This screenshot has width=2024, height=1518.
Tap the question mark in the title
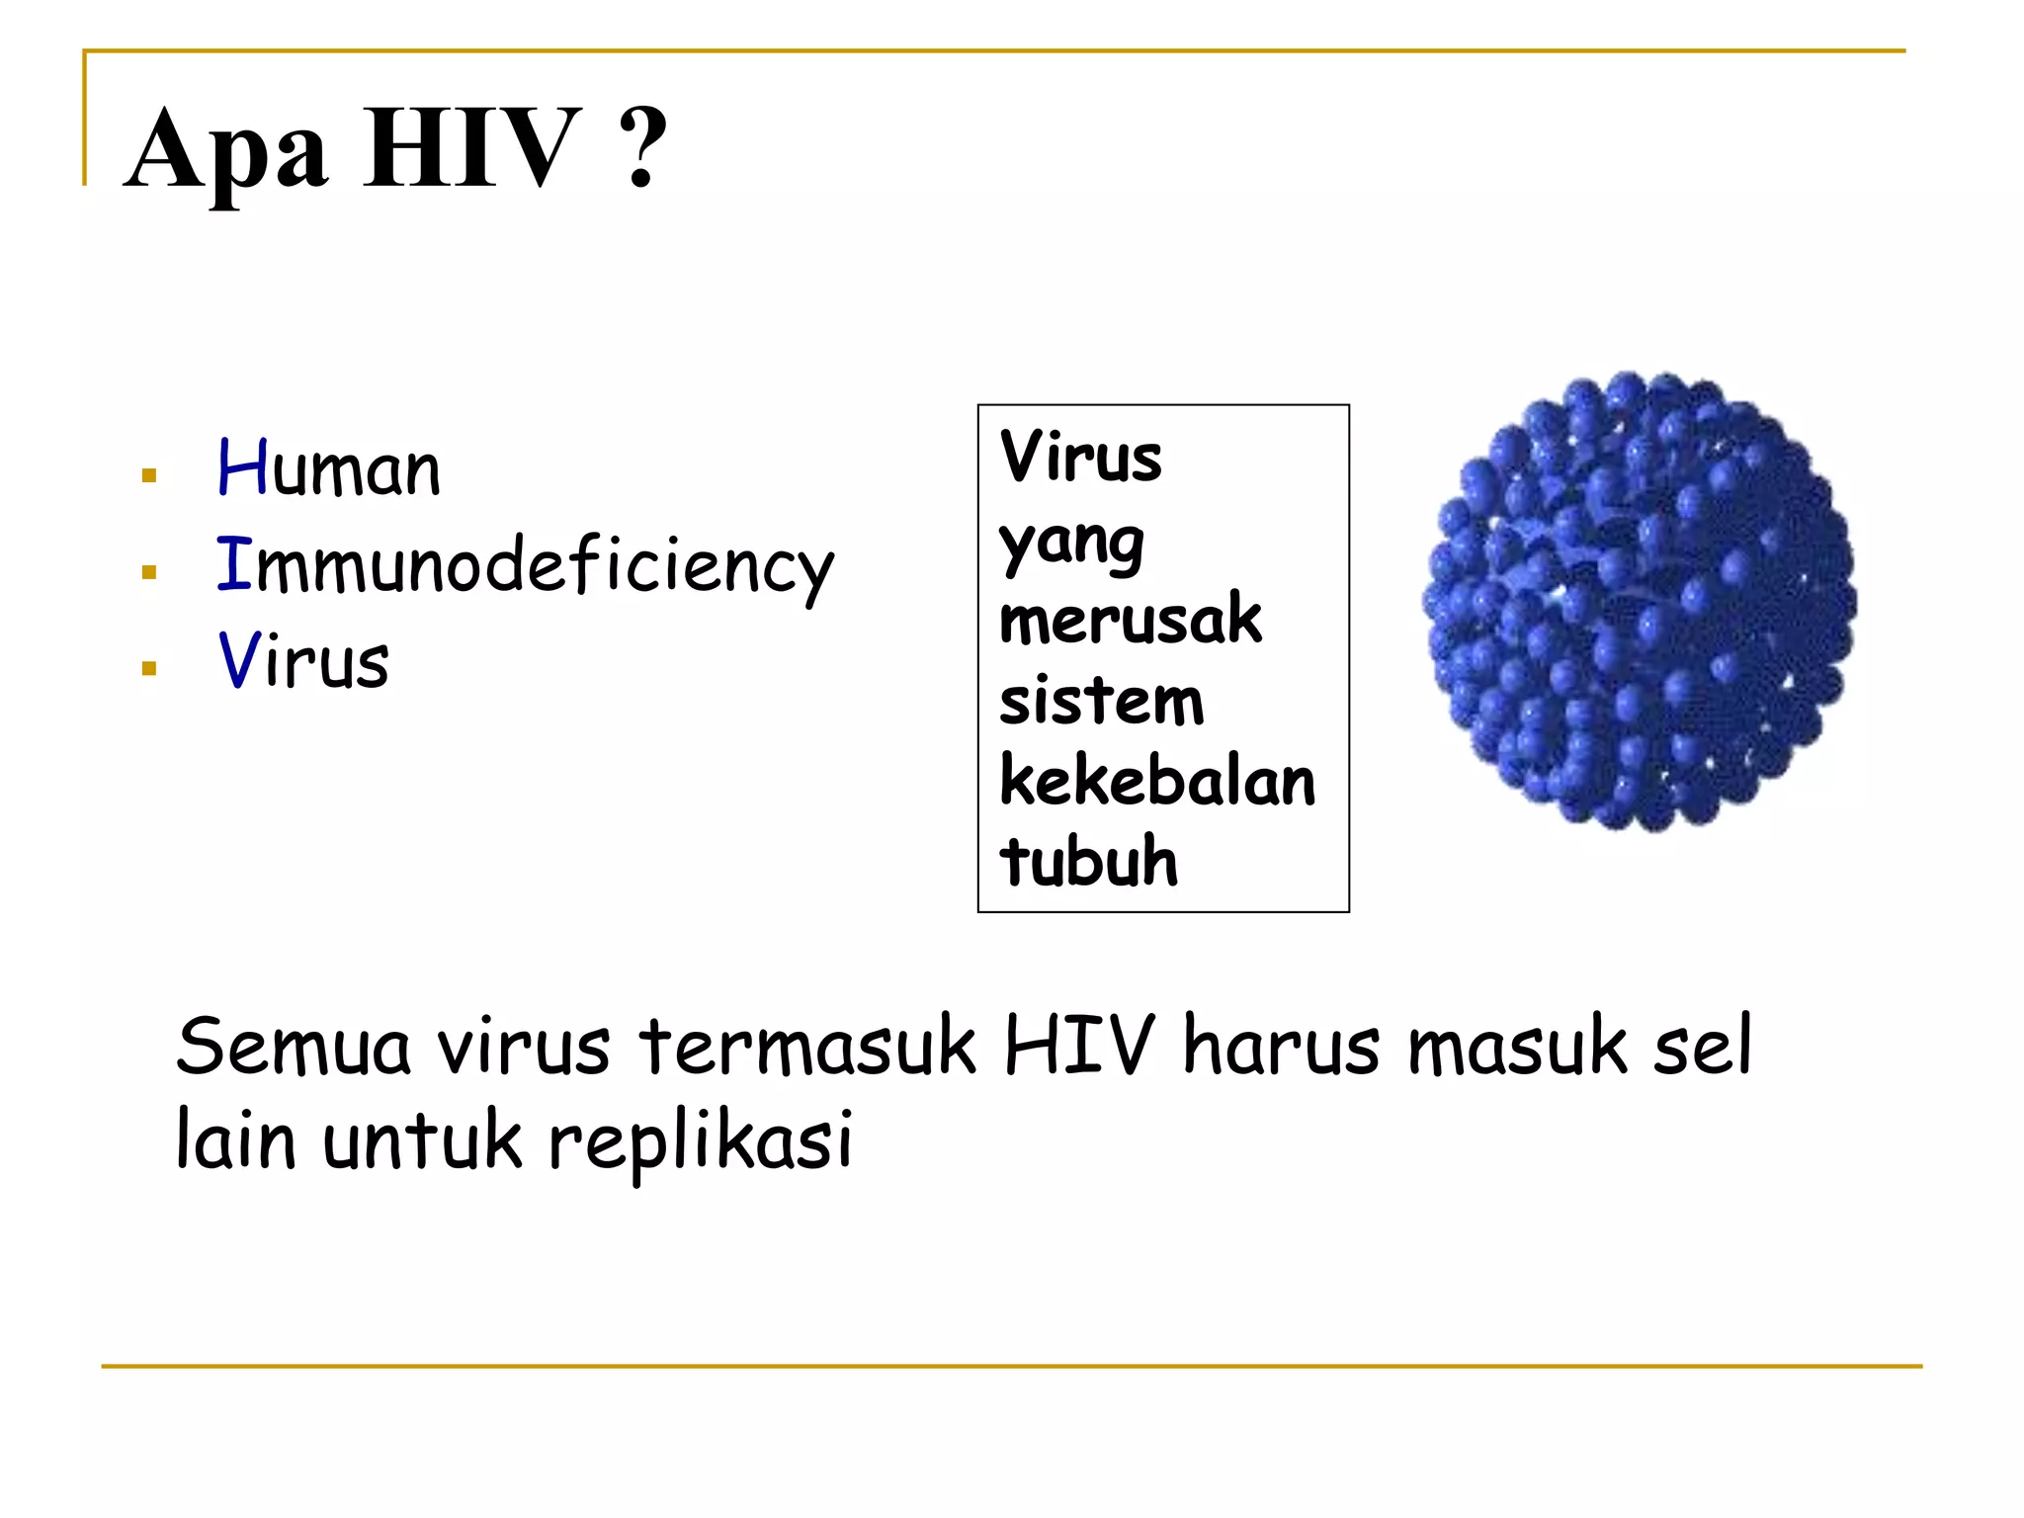pos(643,148)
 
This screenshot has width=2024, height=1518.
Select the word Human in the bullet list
pos(328,468)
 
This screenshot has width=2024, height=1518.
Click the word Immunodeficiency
pos(525,567)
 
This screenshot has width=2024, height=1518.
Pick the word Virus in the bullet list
pos(302,660)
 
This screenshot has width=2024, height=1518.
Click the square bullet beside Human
pos(149,476)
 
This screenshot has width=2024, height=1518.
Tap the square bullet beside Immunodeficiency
pos(149,572)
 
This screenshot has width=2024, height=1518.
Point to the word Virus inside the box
pos(1080,457)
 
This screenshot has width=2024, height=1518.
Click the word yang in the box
pos(1071,544)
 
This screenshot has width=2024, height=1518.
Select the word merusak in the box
pos(1131,620)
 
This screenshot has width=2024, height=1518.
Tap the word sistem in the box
pos(1101,701)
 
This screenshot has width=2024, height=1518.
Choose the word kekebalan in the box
pos(1157,781)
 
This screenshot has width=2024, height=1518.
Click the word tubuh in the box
pos(1088,861)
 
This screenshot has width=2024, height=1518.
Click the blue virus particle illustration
pos(1639,601)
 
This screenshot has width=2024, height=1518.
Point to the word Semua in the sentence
pos(293,1047)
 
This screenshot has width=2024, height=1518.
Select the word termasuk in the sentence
pos(807,1047)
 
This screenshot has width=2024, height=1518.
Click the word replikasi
pos(700,1141)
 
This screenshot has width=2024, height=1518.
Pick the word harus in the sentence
pos(1281,1047)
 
